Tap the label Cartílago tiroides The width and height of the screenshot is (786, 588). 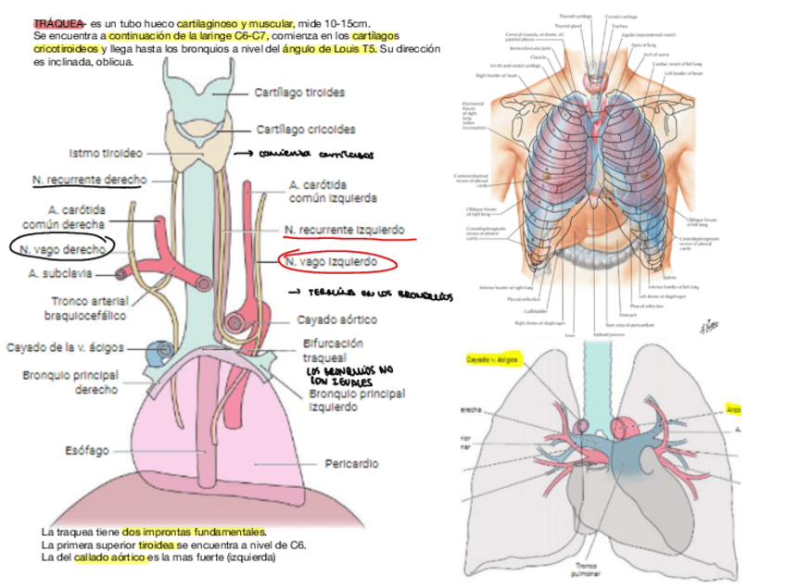tap(299, 93)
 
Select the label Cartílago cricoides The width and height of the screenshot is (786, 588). tap(305, 130)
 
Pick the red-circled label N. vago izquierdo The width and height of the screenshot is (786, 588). tap(332, 262)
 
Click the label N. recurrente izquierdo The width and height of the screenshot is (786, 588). tap(345, 229)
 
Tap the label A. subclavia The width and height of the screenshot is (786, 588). tap(64, 274)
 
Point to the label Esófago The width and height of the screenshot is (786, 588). tap(87, 451)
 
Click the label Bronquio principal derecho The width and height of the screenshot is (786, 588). tap(70, 382)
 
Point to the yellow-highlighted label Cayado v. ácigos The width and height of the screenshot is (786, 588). tap(490, 358)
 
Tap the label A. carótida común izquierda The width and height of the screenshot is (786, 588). tap(333, 191)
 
